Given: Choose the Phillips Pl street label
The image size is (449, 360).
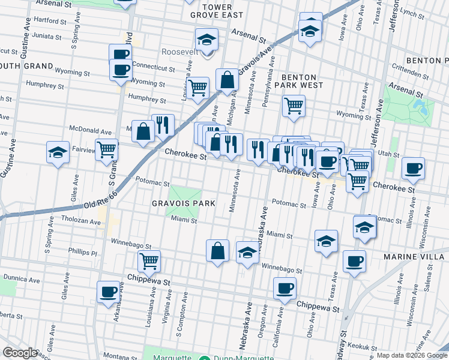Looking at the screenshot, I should (x=82, y=253).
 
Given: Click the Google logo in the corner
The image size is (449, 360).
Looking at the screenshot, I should (x=20, y=353).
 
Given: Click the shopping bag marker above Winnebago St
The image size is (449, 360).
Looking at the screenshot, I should (x=218, y=250).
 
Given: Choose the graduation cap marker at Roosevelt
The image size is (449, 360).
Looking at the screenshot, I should (x=206, y=40).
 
